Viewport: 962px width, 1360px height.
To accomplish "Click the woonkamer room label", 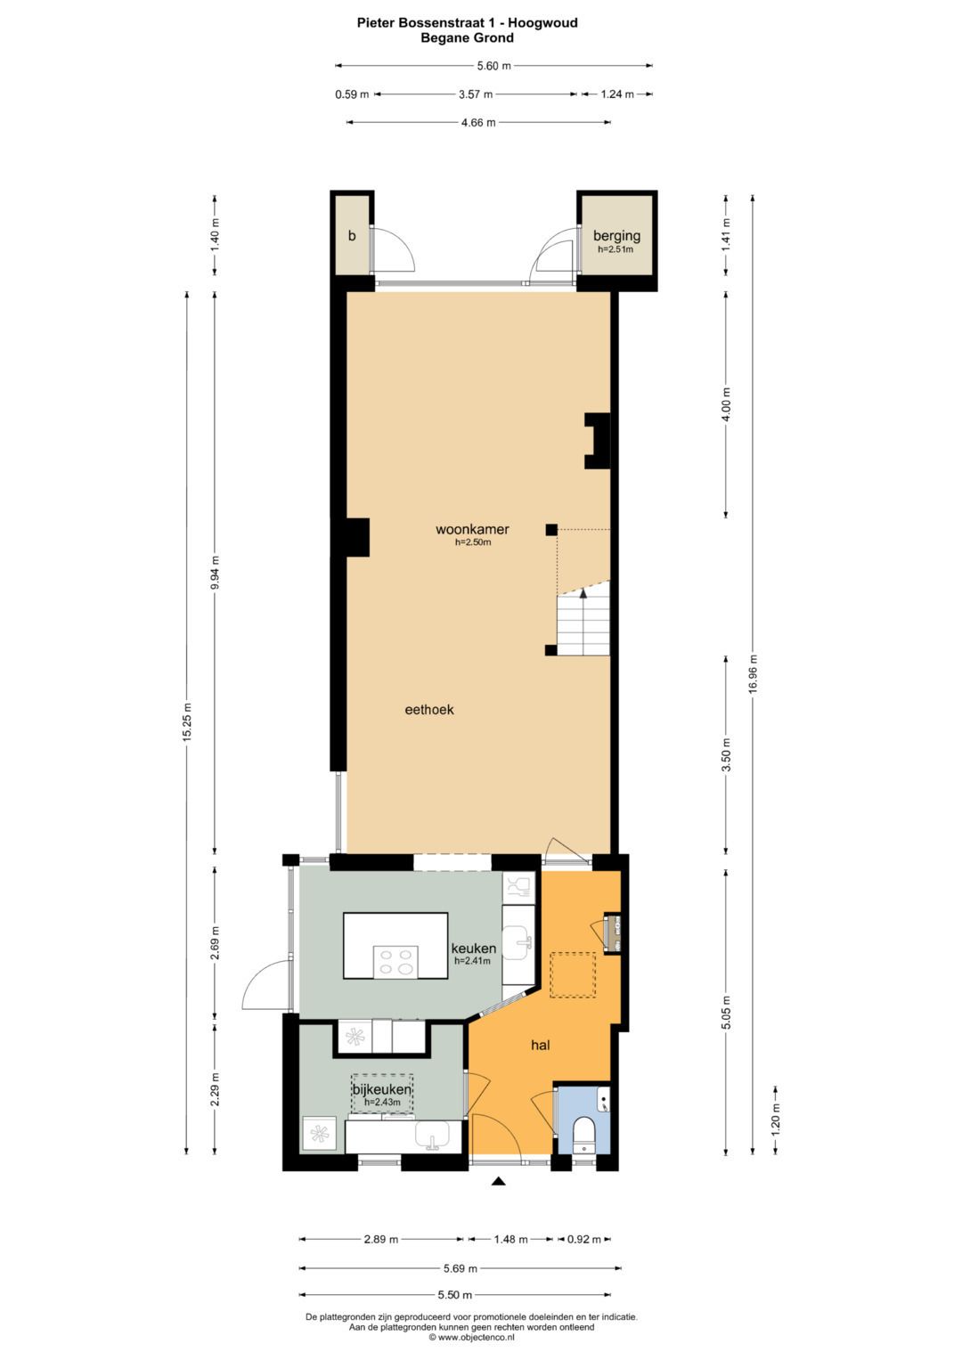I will click(472, 529).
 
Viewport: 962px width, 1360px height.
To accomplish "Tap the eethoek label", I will click(429, 710).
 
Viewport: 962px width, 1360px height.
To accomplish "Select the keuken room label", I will click(473, 949).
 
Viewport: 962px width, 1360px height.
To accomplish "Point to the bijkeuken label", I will click(381, 1089).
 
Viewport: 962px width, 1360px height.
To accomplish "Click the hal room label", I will click(540, 1045).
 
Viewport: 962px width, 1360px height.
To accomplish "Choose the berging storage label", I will click(616, 236).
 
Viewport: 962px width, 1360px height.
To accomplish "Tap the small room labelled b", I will click(352, 236).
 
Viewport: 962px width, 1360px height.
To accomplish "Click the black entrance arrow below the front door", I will click(499, 1182).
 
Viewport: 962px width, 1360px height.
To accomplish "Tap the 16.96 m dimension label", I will click(753, 674).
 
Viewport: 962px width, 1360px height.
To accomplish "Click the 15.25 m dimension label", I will click(187, 722).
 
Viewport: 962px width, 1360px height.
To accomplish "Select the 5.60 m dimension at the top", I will click(493, 65).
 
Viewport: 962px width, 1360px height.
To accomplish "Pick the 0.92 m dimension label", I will click(583, 1239).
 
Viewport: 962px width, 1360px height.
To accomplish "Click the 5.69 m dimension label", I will click(460, 1268).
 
